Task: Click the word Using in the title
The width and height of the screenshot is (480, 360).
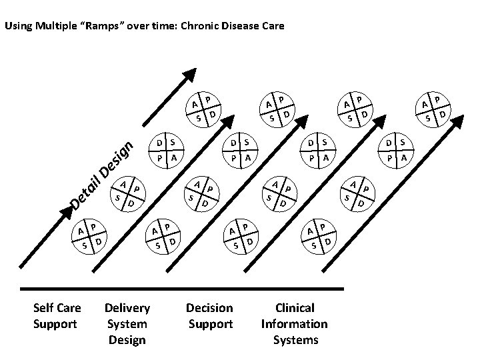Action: (x=17, y=27)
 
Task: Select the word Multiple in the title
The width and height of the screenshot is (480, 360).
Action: (x=54, y=27)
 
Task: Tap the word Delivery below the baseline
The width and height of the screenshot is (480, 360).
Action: (x=127, y=308)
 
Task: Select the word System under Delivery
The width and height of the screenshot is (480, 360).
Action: (x=127, y=324)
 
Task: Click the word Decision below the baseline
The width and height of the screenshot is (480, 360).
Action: (x=210, y=308)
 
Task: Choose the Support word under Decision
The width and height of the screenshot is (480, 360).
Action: (x=210, y=324)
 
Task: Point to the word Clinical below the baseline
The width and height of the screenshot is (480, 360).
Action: (x=295, y=308)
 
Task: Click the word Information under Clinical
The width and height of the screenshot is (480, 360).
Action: (x=295, y=324)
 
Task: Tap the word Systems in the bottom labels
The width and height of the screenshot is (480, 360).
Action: (x=296, y=340)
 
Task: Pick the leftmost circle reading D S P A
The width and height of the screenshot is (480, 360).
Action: (x=167, y=151)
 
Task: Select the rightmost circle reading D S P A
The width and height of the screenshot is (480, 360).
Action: (x=396, y=151)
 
